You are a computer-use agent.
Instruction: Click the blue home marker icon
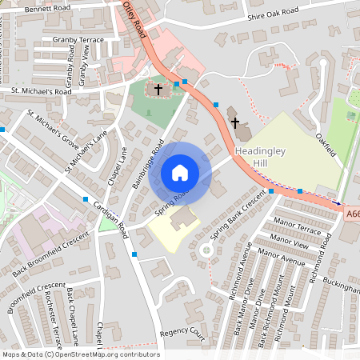coord(180,173)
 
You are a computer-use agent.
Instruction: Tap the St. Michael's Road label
coord(42,92)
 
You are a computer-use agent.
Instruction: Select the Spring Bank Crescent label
coord(237,214)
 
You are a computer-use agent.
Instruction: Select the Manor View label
coord(289,239)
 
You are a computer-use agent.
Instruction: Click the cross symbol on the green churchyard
coord(158,89)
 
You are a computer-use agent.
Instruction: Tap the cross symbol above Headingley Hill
coord(235,123)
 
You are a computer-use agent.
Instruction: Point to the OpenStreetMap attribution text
coord(80,354)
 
